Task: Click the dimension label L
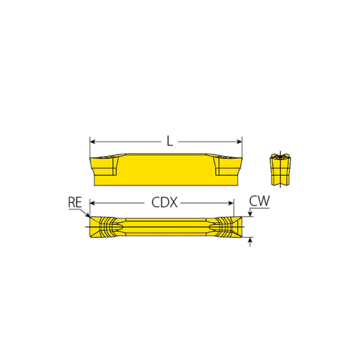[x=170, y=142]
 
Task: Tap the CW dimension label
[x=261, y=201]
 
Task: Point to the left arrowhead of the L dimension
[x=93, y=142]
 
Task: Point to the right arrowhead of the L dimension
[x=239, y=142]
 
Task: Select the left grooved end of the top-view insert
[x=104, y=226]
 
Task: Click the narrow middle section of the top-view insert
[x=165, y=226]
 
